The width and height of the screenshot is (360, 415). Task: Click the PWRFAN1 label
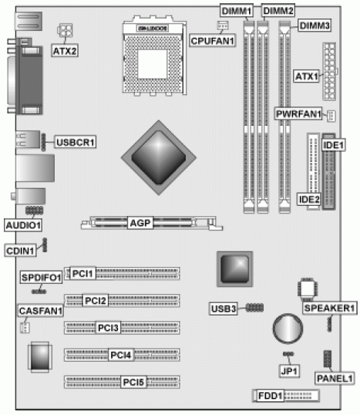point(299,113)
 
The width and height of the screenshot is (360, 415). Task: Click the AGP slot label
point(140,223)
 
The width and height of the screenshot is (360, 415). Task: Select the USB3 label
point(222,309)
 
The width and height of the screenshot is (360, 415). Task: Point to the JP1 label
point(288,369)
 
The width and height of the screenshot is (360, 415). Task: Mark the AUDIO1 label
point(23,224)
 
